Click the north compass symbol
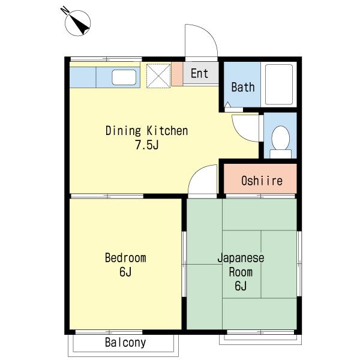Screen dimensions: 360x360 click(77, 23)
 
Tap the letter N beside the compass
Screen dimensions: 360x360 click(65, 10)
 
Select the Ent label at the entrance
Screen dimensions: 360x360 click(199, 73)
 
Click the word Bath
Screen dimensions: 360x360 click(243, 87)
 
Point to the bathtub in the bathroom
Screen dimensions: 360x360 click(279, 85)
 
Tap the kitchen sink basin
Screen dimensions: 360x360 click(124, 77)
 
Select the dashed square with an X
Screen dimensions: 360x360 click(158, 76)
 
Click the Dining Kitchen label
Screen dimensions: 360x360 click(147, 131)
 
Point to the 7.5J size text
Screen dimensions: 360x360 click(147, 145)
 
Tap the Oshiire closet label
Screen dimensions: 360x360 click(262, 181)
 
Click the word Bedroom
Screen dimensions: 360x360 click(125, 257)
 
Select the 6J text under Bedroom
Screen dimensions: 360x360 click(125, 272)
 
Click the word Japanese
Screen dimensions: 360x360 click(241, 258)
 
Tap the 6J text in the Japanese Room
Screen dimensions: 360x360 click(241, 286)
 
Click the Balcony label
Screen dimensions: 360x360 click(125, 343)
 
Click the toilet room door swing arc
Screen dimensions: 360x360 click(239, 134)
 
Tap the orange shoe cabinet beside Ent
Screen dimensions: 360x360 click(177, 74)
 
